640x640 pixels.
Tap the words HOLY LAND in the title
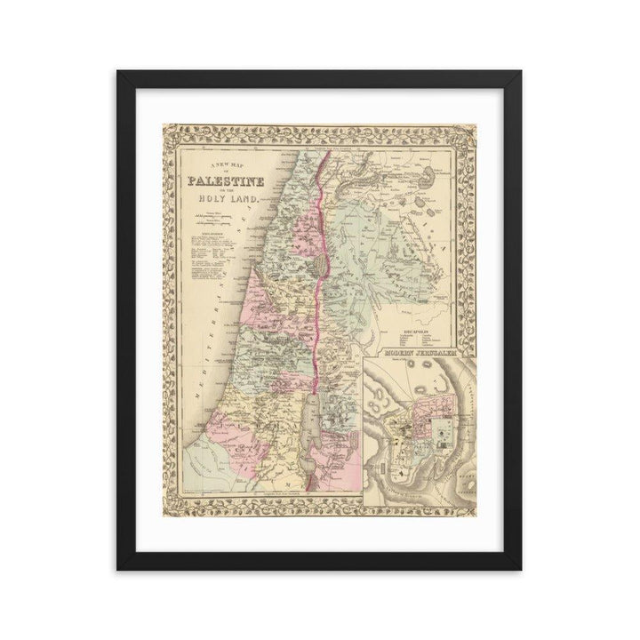pyautogui.click(x=229, y=200)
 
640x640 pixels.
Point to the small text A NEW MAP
pyautogui.click(x=224, y=167)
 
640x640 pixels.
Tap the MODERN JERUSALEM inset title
pyautogui.click(x=419, y=354)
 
